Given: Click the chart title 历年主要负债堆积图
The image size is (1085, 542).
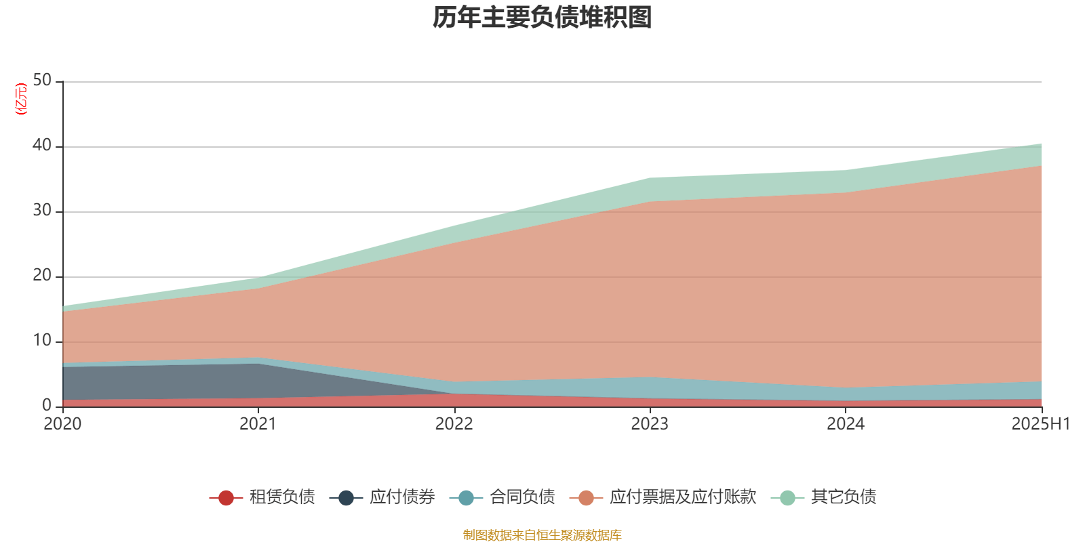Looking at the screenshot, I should click(x=542, y=18).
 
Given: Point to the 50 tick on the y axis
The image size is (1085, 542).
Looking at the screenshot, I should click(x=42, y=81).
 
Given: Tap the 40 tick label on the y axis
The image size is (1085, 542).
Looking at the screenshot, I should click(x=42, y=146).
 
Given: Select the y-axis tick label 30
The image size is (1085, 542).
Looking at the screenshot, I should click(x=42, y=211).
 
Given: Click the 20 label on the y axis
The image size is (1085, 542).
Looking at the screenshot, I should click(x=42, y=276).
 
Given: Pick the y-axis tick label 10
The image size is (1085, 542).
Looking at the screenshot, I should click(x=42, y=341).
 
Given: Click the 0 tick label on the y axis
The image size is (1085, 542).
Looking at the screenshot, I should click(x=47, y=406).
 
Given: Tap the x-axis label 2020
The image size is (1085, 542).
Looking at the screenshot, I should click(x=62, y=424).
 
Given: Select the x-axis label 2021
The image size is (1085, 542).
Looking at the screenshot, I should click(x=258, y=424).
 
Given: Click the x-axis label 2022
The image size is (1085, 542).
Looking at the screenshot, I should click(x=454, y=424).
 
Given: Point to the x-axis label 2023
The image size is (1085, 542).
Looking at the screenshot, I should click(x=650, y=424).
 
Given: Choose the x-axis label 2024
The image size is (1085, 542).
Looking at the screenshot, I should click(x=846, y=424).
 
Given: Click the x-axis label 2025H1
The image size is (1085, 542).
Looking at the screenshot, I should click(x=1040, y=424).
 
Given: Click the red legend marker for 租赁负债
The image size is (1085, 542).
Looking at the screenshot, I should click(x=226, y=498).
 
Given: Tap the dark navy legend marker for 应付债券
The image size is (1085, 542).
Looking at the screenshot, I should click(x=347, y=498).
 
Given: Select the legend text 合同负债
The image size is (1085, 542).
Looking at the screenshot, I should click(x=522, y=497).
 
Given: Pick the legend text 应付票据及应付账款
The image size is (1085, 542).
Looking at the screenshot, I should click(x=682, y=497).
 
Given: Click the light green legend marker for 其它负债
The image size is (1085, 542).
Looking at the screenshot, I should click(x=787, y=498).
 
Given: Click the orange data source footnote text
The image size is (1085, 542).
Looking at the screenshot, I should click(x=542, y=535).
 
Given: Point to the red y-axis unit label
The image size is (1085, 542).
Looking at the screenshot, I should click(x=21, y=99).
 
